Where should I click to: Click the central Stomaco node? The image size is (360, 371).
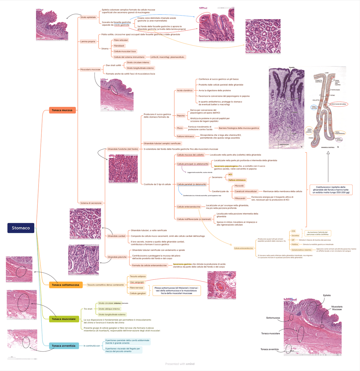pos(21,228)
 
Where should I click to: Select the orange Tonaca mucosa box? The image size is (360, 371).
pos(62,110)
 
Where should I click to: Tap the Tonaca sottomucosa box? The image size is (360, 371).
pos(66,285)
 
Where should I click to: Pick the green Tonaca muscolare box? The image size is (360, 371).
pos(64,319)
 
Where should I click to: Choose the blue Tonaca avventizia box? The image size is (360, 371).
pos(64,346)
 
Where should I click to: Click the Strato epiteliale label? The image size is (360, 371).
pos(88,17)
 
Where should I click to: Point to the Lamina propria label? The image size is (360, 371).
pos(88,42)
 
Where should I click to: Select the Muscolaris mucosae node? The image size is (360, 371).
pos(90,69)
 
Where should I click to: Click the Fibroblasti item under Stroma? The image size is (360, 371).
pos(119,46)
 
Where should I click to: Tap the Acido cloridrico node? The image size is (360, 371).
pos(185,91)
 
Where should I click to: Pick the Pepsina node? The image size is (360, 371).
pos(181,116)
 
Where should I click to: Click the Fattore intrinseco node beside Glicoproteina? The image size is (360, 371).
pos(185,136)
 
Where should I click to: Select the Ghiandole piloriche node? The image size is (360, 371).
pos(117,257)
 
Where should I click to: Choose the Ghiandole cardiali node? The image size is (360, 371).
pos(116,236)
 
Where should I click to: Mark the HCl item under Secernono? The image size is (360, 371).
pos(230,174)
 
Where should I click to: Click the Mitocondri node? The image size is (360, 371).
pos(240,198)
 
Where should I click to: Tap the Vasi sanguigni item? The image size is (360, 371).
pos(137,282)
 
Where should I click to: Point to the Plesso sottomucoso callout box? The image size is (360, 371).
pos(177,291)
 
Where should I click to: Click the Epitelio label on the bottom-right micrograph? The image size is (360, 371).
pos(327,295)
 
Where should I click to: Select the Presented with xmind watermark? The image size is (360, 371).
pos(180,364)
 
